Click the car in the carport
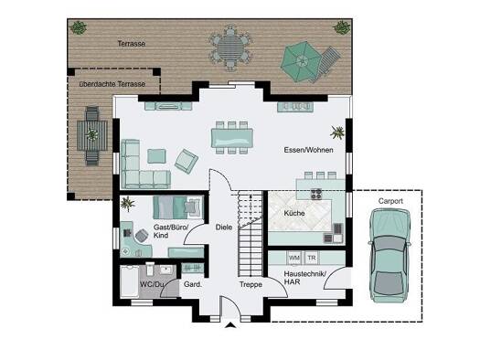(x=389, y=256)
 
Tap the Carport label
(x=390, y=201)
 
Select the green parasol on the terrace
(x=301, y=61)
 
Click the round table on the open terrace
(x=230, y=48)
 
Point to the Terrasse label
(x=132, y=44)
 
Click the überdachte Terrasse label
(x=112, y=84)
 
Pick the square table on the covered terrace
(x=92, y=135)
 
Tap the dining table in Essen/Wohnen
(x=232, y=138)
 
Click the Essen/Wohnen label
(x=309, y=150)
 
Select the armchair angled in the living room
(x=187, y=161)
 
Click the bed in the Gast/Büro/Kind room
(x=178, y=207)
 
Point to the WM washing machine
(x=294, y=258)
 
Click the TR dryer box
(x=312, y=258)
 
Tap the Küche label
(x=294, y=213)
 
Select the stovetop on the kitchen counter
(x=316, y=195)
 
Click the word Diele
(x=224, y=228)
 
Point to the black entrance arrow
(x=230, y=325)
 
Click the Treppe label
(x=251, y=284)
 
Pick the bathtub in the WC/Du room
(x=129, y=281)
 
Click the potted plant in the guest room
(x=127, y=204)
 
